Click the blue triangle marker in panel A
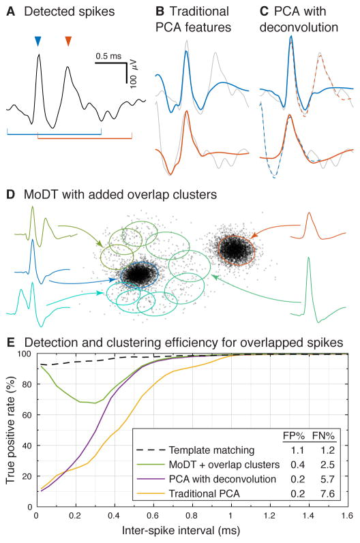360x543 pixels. (37, 43)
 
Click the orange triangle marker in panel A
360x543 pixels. (67, 43)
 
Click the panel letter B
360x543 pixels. (159, 12)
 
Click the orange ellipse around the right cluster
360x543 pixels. (235, 250)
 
